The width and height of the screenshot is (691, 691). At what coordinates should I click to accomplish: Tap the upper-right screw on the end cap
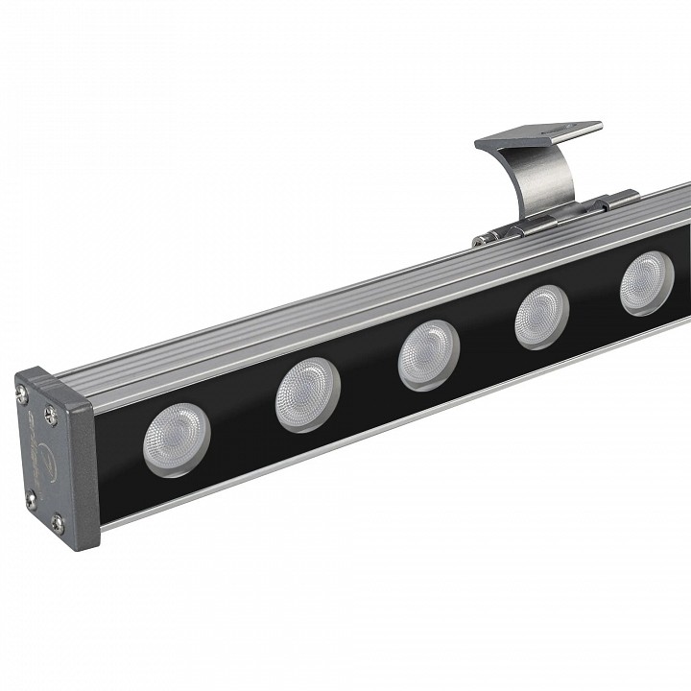[x=51, y=415]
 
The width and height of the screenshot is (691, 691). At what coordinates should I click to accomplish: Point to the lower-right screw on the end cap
[x=57, y=522]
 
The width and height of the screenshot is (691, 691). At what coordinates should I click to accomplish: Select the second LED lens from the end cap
[x=307, y=393]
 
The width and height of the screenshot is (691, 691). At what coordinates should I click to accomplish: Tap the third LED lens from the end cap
[x=429, y=354]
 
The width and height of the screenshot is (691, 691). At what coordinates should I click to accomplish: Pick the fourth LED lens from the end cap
[x=542, y=316]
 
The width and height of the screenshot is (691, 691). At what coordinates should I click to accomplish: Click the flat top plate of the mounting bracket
[x=537, y=135]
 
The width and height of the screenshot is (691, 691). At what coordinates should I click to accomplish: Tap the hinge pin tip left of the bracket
[x=477, y=240]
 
